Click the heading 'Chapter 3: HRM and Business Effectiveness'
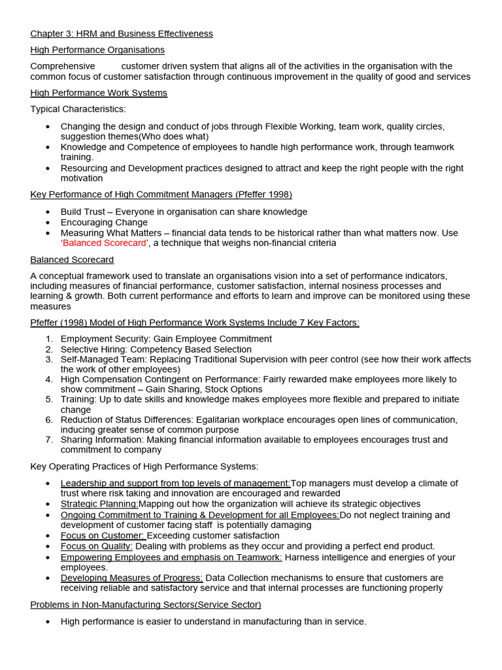pyautogui.click(x=122, y=33)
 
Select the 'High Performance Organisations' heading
pyautogui.click(x=97, y=50)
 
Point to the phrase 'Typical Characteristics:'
pyautogui.click(x=78, y=109)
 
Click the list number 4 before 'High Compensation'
pyautogui.click(x=49, y=379)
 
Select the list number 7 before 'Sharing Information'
pyautogui.click(x=49, y=440)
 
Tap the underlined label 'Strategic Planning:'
pyautogui.click(x=99, y=504)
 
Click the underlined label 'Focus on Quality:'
pyautogui.click(x=97, y=546)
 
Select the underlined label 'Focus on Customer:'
pyautogui.click(x=103, y=536)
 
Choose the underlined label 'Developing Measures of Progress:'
pyautogui.click(x=131, y=578)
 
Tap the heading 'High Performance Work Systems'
pyautogui.click(x=99, y=93)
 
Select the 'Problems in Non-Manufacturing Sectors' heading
pyautogui.click(x=146, y=605)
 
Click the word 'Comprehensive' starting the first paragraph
pyautogui.click(x=62, y=66)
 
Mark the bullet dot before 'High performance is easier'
pyautogui.click(x=48, y=622)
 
